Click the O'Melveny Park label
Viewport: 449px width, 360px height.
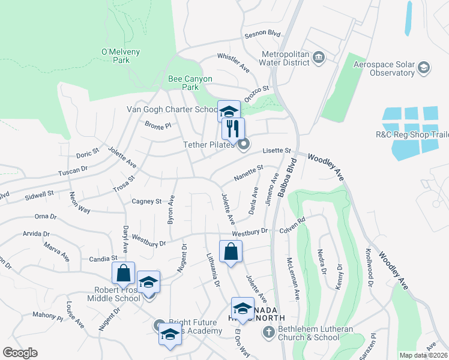tap(116, 56)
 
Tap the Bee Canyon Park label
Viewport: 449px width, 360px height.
tap(190, 83)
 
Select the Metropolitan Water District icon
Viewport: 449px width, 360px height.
tap(319, 58)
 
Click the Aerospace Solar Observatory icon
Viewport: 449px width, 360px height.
tap(424, 67)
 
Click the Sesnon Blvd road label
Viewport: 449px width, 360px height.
tap(262, 35)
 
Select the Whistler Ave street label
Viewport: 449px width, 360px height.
tap(233, 63)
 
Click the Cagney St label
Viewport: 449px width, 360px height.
tap(147, 202)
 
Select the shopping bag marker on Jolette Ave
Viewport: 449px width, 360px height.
tap(231, 252)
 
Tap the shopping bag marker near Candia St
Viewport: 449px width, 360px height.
tap(123, 273)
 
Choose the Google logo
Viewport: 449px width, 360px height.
tap(20, 353)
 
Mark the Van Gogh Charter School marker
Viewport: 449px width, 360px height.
tap(228, 111)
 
